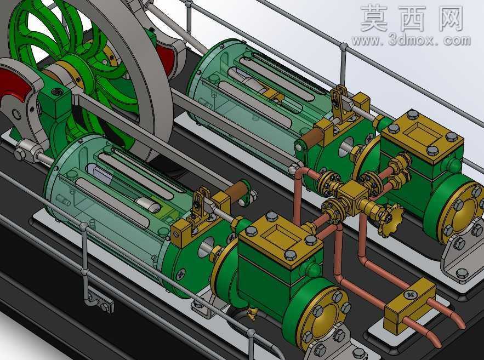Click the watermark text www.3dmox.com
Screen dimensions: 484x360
pyautogui.click(x=411, y=41)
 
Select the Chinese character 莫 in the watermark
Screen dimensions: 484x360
pyautogui.click(x=374, y=18)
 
